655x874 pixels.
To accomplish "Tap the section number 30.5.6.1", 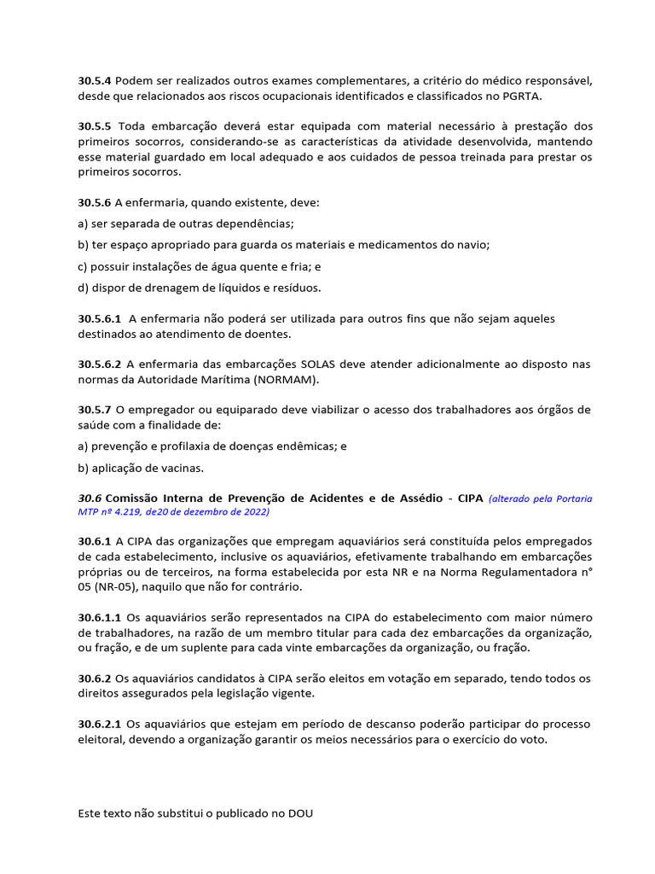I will click(100, 318).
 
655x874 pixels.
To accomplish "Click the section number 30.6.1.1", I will click(100, 617).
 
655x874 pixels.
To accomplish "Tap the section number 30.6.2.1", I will click(100, 724).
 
